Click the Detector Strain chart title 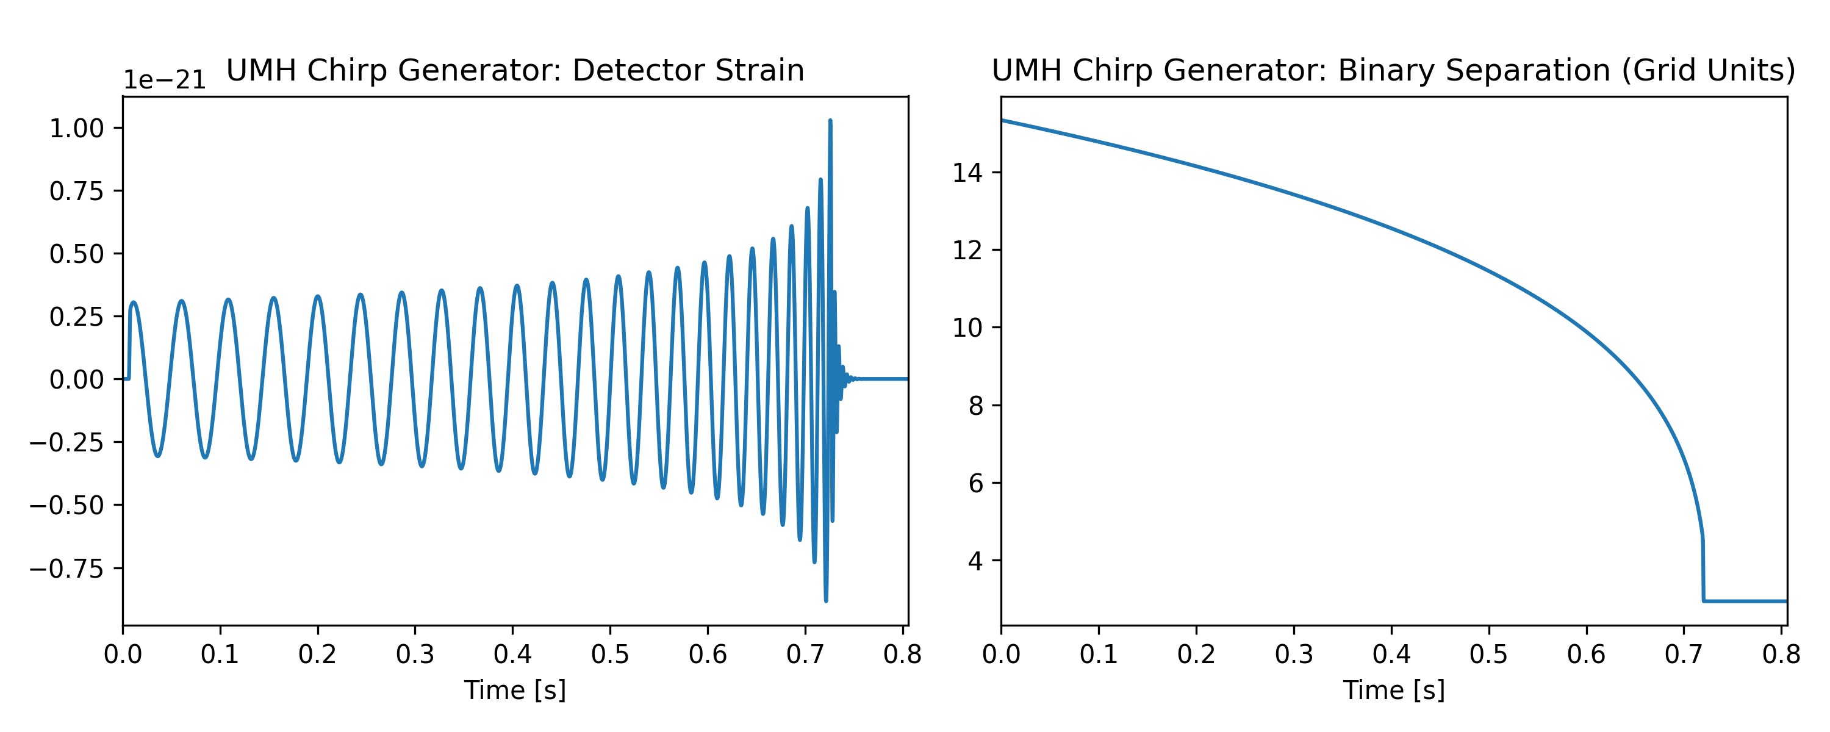[515, 70]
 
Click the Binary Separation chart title [1393, 70]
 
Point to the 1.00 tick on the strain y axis [76, 129]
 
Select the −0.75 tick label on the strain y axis [66, 569]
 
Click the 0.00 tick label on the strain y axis [76, 379]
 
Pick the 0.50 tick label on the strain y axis [76, 254]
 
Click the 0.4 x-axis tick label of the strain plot [512, 655]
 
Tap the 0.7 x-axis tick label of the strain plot [805, 655]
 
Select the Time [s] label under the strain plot [515, 690]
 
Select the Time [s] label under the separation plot [1393, 690]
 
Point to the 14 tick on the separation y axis [967, 173]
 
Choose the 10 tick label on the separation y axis [967, 328]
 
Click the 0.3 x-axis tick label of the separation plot [1294, 655]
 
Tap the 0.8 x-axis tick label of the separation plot [1781, 655]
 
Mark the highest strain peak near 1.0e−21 [830, 122]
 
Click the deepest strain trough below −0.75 [825, 600]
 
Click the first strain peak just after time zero [134, 303]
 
